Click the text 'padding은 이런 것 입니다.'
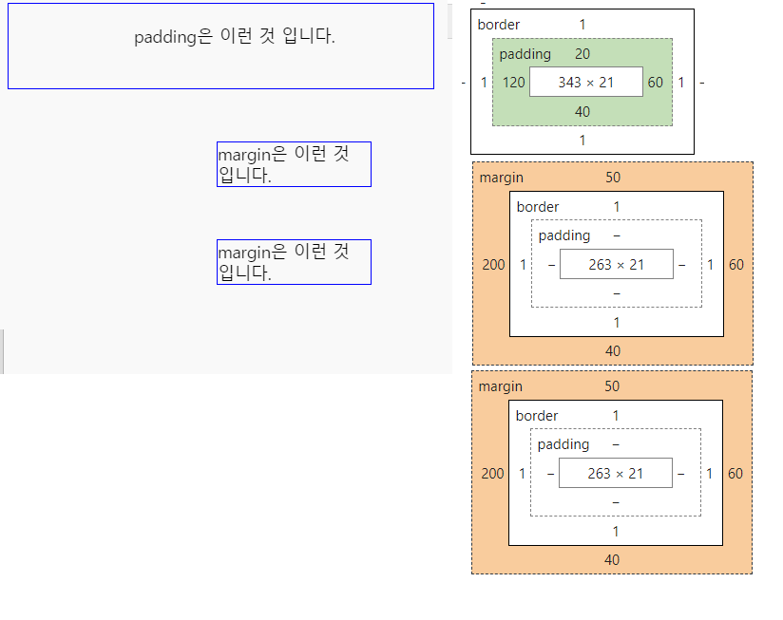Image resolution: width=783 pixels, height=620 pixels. (x=235, y=37)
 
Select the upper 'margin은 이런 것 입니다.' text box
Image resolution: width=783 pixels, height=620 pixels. (x=294, y=164)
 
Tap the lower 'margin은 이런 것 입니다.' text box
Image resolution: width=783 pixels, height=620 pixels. (x=294, y=262)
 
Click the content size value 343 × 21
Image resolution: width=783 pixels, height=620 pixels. (x=586, y=83)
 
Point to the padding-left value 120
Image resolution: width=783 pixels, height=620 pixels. (x=514, y=83)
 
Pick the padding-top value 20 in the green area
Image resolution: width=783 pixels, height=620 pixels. (x=582, y=54)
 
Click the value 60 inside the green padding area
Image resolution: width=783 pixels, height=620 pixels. (x=656, y=83)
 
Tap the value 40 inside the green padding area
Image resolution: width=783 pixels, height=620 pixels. (x=582, y=112)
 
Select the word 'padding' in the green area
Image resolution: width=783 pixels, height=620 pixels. (x=525, y=54)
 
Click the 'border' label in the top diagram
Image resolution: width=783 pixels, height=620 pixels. (x=499, y=24)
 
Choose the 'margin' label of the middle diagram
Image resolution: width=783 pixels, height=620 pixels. (x=501, y=178)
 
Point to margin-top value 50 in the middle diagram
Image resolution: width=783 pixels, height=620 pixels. (x=613, y=178)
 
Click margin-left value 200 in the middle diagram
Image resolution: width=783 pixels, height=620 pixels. (x=493, y=265)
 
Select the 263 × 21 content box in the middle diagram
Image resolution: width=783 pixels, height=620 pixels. (x=616, y=265)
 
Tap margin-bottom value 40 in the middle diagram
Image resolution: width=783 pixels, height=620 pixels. (x=613, y=351)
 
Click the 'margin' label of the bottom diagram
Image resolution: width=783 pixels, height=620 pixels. (x=500, y=386)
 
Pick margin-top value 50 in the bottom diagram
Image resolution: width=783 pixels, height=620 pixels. (x=612, y=386)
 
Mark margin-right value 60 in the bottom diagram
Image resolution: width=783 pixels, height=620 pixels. (x=735, y=474)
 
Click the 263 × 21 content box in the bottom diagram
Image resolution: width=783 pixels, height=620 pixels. (x=615, y=474)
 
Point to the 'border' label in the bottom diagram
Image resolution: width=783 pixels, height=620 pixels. (x=537, y=416)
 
